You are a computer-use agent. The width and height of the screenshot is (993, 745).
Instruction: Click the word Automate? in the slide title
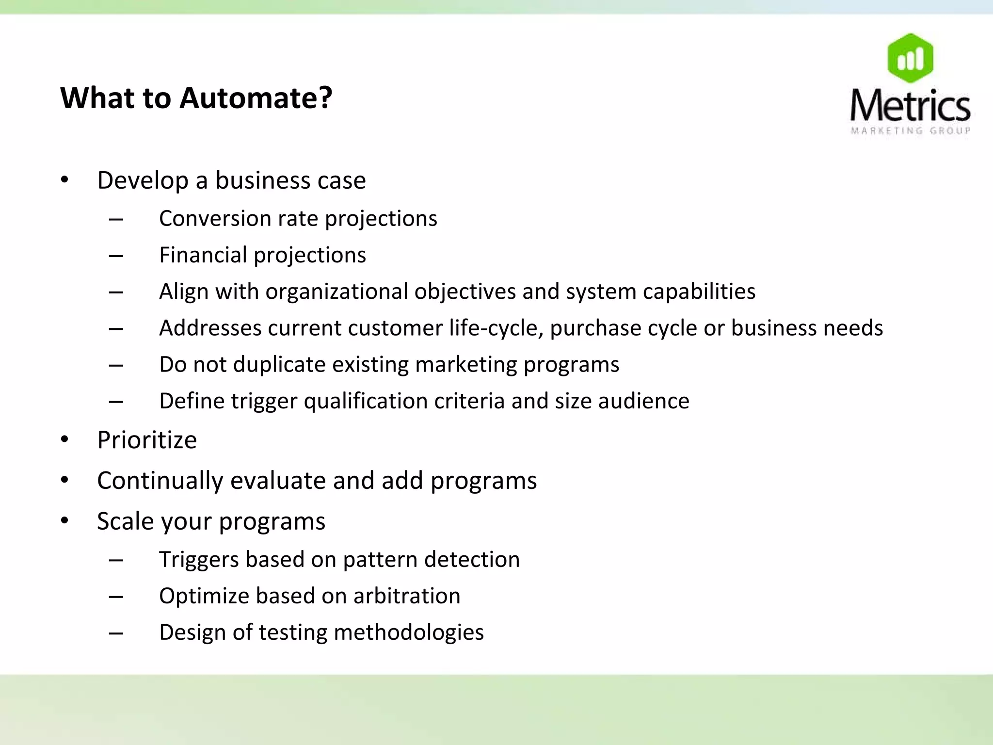pyautogui.click(x=256, y=98)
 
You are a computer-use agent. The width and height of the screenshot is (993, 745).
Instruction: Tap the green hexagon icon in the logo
pyautogui.click(x=910, y=58)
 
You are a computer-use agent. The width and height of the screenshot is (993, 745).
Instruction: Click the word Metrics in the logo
pyautogui.click(x=910, y=106)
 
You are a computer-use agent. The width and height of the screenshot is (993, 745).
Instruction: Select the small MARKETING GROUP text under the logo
pyautogui.click(x=910, y=130)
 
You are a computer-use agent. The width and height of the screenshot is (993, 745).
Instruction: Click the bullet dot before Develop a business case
pyautogui.click(x=65, y=180)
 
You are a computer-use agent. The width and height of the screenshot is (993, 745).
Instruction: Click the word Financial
pyautogui.click(x=203, y=255)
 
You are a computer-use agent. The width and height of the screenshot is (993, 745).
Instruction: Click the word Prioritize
pyautogui.click(x=147, y=440)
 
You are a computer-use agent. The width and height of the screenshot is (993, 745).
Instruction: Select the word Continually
pyautogui.click(x=160, y=481)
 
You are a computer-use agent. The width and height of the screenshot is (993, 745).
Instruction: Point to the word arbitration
pyautogui.click(x=406, y=596)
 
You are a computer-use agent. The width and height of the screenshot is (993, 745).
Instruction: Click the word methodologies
pyautogui.click(x=408, y=632)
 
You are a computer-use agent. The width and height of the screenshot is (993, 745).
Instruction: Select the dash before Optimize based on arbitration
pyautogui.click(x=116, y=597)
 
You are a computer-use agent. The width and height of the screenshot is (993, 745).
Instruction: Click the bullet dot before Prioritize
pyautogui.click(x=65, y=440)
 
